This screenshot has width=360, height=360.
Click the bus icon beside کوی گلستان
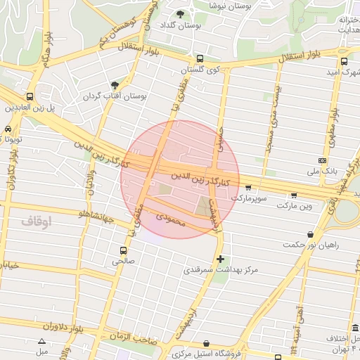(200, 59)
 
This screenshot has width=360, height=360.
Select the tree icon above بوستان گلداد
(180, 14)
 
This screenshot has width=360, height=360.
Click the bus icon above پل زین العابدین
(30, 96)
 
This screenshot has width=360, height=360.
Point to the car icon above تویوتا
(7, 129)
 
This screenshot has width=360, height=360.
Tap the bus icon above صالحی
(124, 250)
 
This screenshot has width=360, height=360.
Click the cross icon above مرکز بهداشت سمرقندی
(221, 259)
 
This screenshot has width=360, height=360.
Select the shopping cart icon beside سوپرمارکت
(248, 187)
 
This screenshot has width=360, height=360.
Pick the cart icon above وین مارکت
(294, 195)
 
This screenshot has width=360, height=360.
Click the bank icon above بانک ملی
(323, 160)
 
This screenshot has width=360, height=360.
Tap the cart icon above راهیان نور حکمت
(309, 234)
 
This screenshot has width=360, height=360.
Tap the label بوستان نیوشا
(231, 5)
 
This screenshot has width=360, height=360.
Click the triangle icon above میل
(41, 340)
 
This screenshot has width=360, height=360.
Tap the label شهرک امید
(344, 72)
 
